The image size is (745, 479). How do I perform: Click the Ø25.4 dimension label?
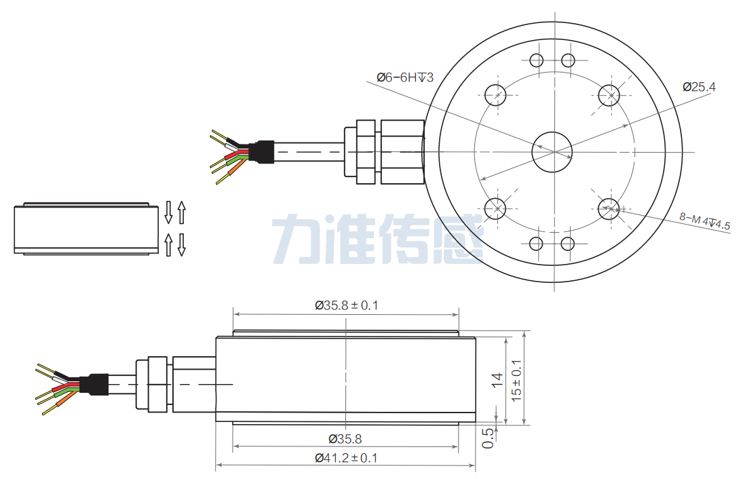tap(699, 86)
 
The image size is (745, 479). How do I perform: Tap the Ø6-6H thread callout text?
tap(404, 77)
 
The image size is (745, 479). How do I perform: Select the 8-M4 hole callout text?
tap(704, 222)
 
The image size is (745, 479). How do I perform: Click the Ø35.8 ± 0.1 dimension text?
tap(346, 305)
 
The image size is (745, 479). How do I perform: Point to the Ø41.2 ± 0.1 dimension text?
tap(346, 458)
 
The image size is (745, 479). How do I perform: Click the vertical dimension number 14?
tap(497, 381)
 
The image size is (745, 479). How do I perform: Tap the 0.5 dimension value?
tap(488, 438)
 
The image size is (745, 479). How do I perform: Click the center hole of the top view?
tap(553, 152)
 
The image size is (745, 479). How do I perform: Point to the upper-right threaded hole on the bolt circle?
tap(609, 94)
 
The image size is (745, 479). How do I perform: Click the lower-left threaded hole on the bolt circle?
tap(497, 207)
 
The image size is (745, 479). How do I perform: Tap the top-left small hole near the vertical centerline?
tap(537, 60)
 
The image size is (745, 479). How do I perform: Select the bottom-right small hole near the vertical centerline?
tap(569, 244)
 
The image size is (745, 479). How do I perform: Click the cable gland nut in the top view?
tap(365, 152)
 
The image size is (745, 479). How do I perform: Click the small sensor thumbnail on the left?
tap(81, 228)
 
